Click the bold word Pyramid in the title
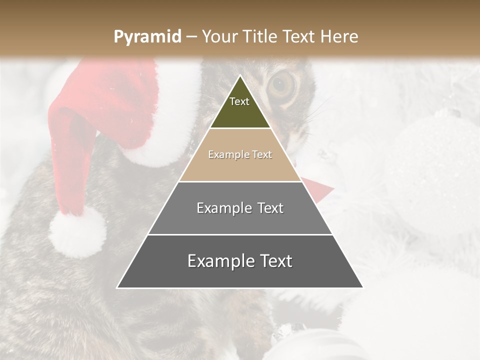point(147,37)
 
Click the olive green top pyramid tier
point(240,110)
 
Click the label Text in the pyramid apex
point(239,101)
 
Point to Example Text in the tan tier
point(240,154)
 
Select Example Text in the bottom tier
point(240,261)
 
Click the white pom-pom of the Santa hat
point(77,232)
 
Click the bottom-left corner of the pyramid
point(117,288)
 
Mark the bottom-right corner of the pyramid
point(363,288)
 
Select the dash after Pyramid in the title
point(191,37)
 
